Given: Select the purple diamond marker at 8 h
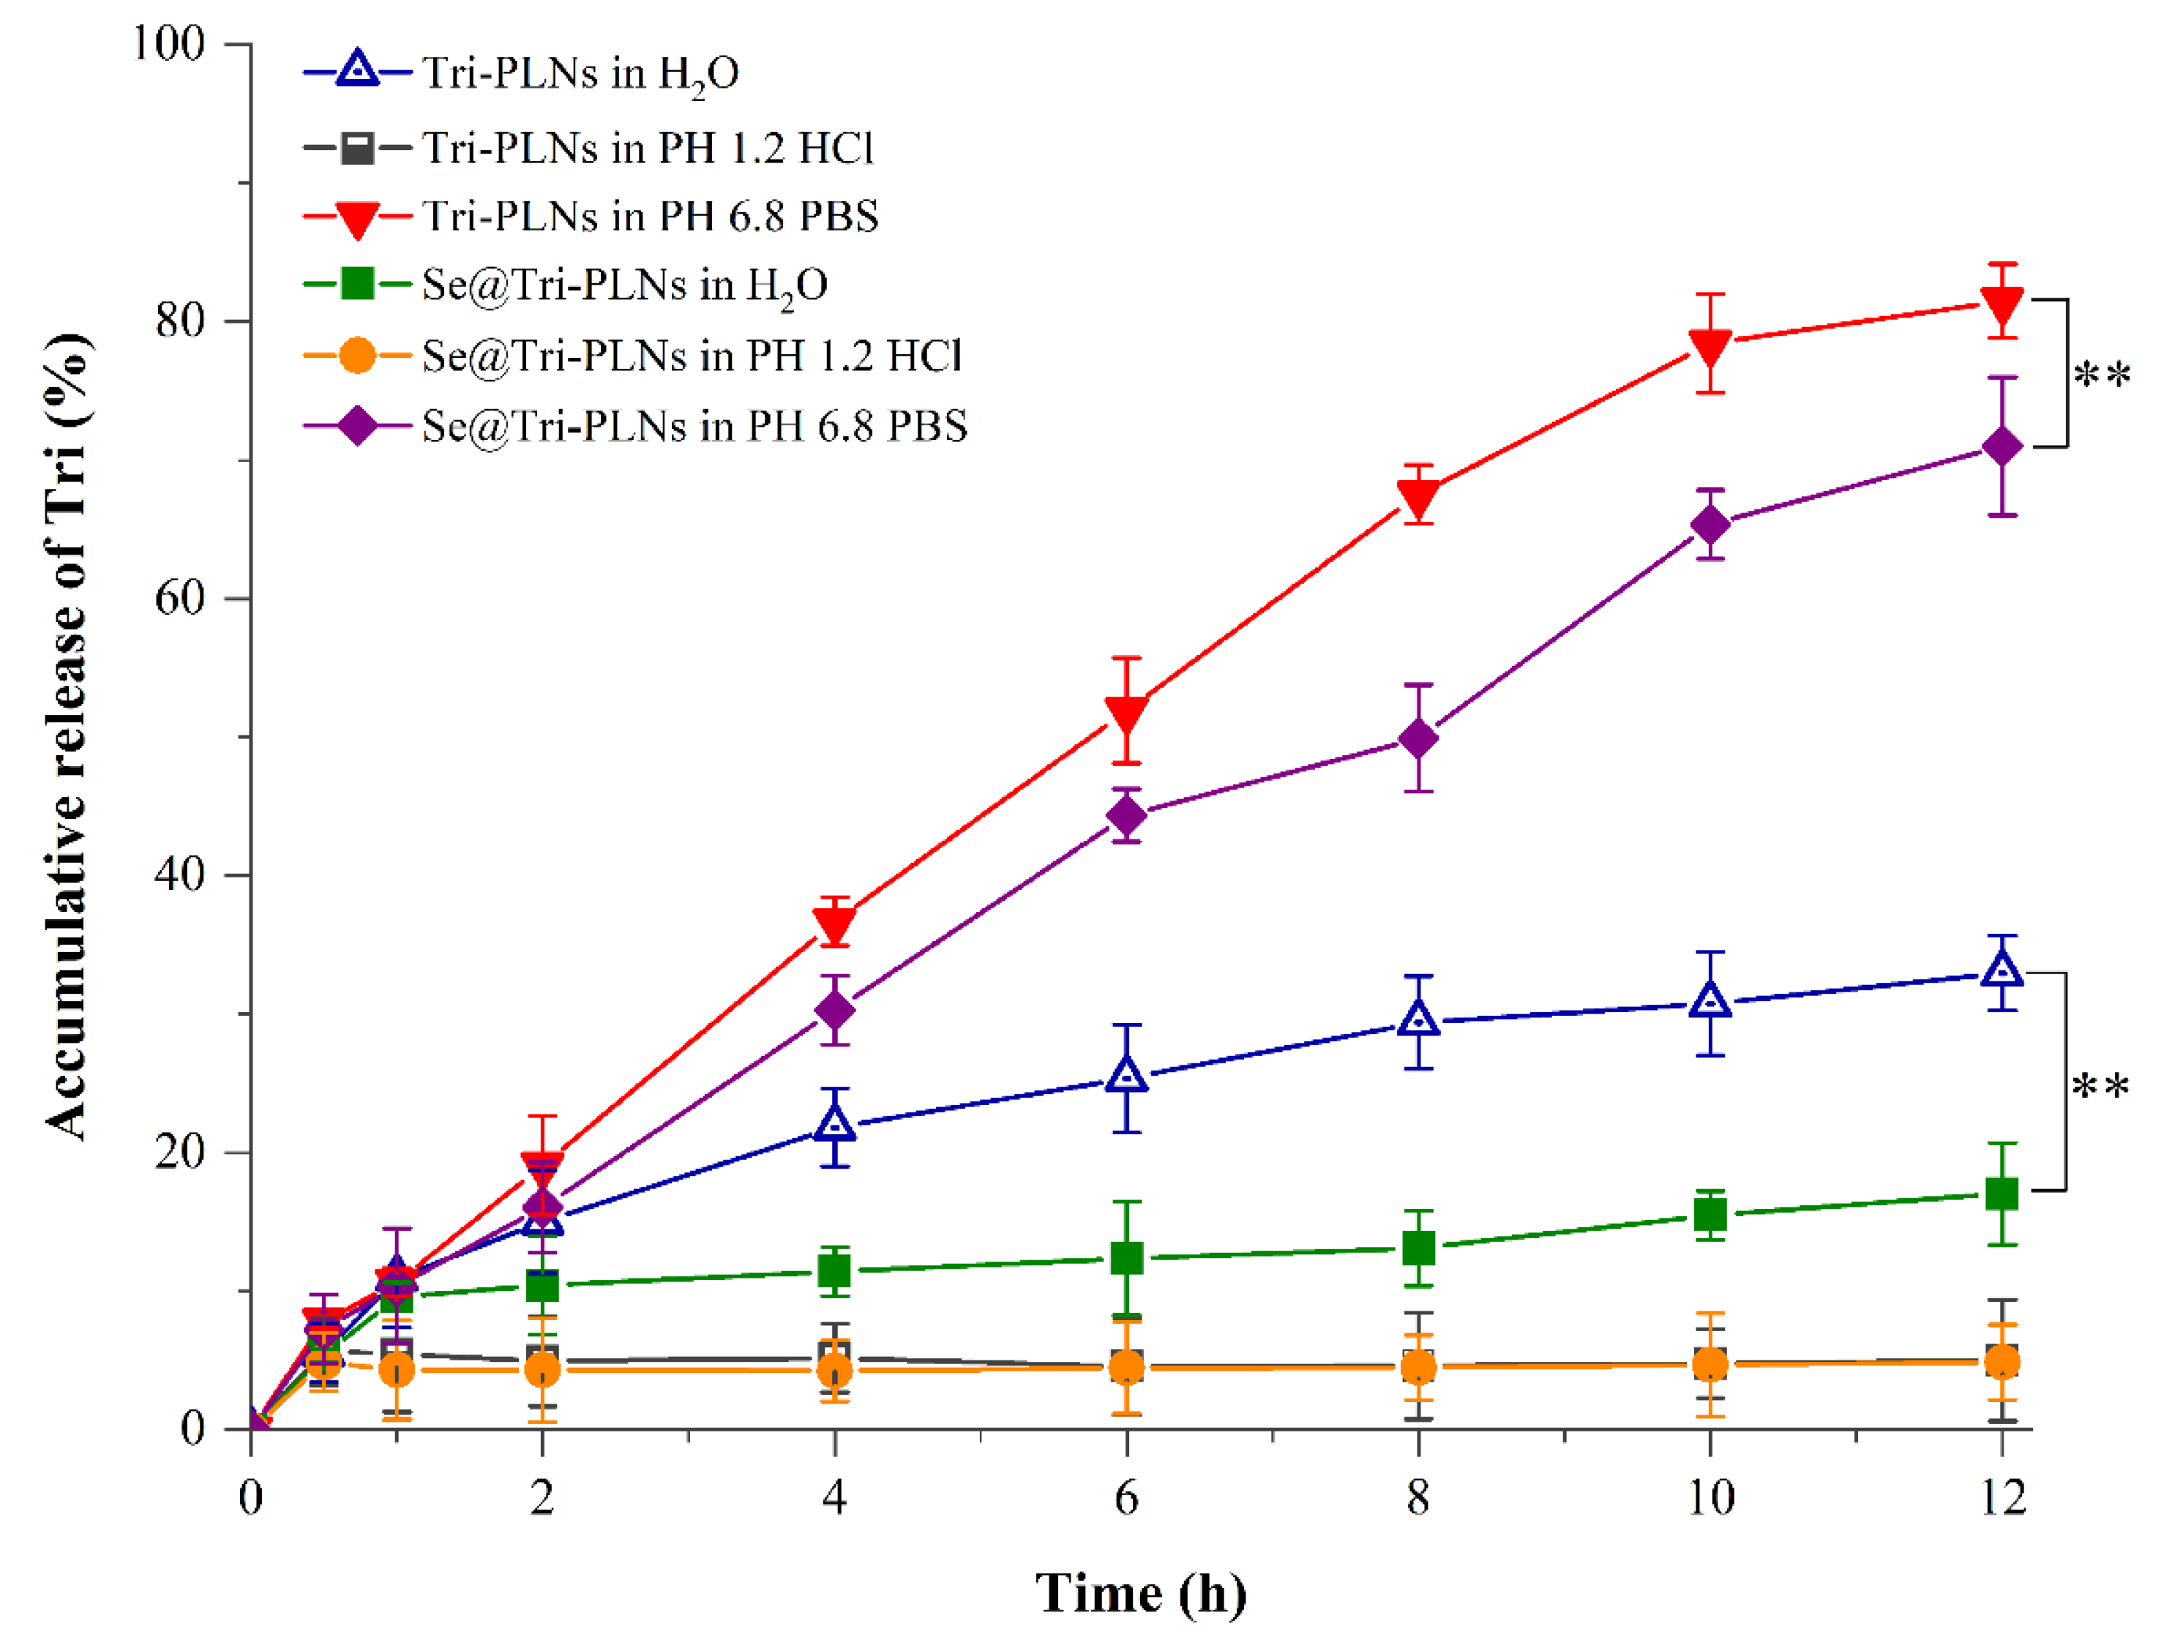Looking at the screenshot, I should pyautogui.click(x=1418, y=738).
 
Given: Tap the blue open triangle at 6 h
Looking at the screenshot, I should pyautogui.click(x=1127, y=1076).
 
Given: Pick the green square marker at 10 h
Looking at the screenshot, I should pyautogui.click(x=1710, y=1214).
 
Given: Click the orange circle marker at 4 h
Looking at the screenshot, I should pyautogui.click(x=835, y=1371).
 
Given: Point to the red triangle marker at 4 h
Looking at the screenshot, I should pyautogui.click(x=835, y=923).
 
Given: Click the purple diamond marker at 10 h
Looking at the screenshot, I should pyautogui.click(x=1710, y=524).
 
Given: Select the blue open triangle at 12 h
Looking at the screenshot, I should pyautogui.click(x=2002, y=970).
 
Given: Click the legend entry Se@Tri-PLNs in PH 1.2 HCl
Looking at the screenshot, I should pyautogui.click(x=691, y=355).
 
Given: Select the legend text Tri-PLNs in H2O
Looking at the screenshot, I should pyautogui.click(x=580, y=73).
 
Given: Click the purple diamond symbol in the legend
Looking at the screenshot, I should pyautogui.click(x=356, y=427).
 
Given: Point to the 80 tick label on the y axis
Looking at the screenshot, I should pyautogui.click(x=179, y=320).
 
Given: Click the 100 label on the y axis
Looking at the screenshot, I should pyautogui.click(x=168, y=43).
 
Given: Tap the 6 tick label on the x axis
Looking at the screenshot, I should pyautogui.click(x=1126, y=1498).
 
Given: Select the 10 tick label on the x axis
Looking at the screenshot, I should pyautogui.click(x=1710, y=1498).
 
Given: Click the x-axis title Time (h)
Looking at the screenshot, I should pyautogui.click(x=1141, y=1594).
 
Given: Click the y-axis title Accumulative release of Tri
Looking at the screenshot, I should pyautogui.click(x=67, y=735).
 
